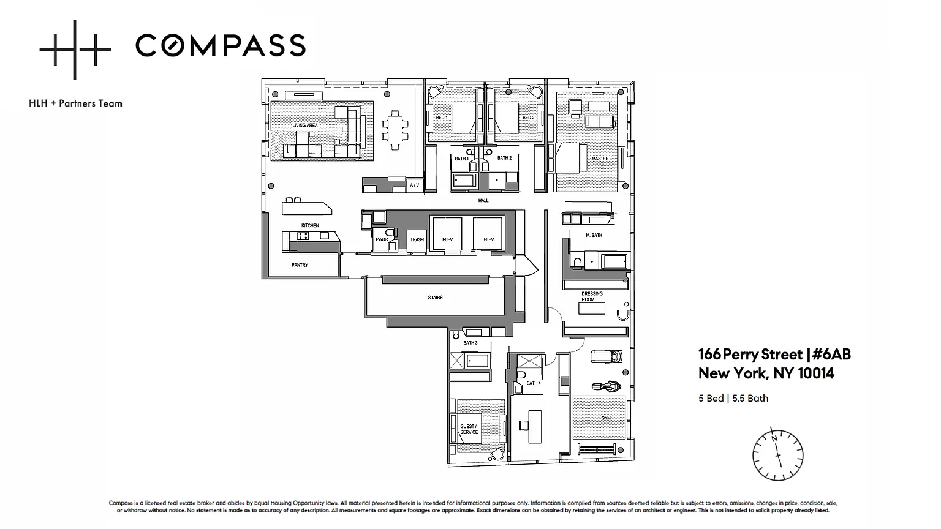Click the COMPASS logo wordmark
click(221, 45)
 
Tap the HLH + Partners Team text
click(75, 103)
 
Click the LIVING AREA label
click(305, 125)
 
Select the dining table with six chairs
click(395, 130)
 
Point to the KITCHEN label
click(310, 225)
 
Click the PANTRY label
click(300, 265)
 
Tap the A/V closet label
click(414, 185)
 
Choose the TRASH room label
click(417, 239)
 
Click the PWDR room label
click(382, 239)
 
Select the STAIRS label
click(435, 297)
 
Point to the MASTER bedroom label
click(600, 159)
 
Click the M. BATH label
click(594, 235)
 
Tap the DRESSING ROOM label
click(592, 296)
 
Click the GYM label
click(606, 418)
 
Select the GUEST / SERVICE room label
click(469, 429)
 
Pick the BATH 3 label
click(470, 343)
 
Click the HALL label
click(483, 200)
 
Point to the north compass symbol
click(777, 455)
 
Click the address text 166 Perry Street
click(750, 355)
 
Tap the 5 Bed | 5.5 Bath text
click(733, 398)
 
